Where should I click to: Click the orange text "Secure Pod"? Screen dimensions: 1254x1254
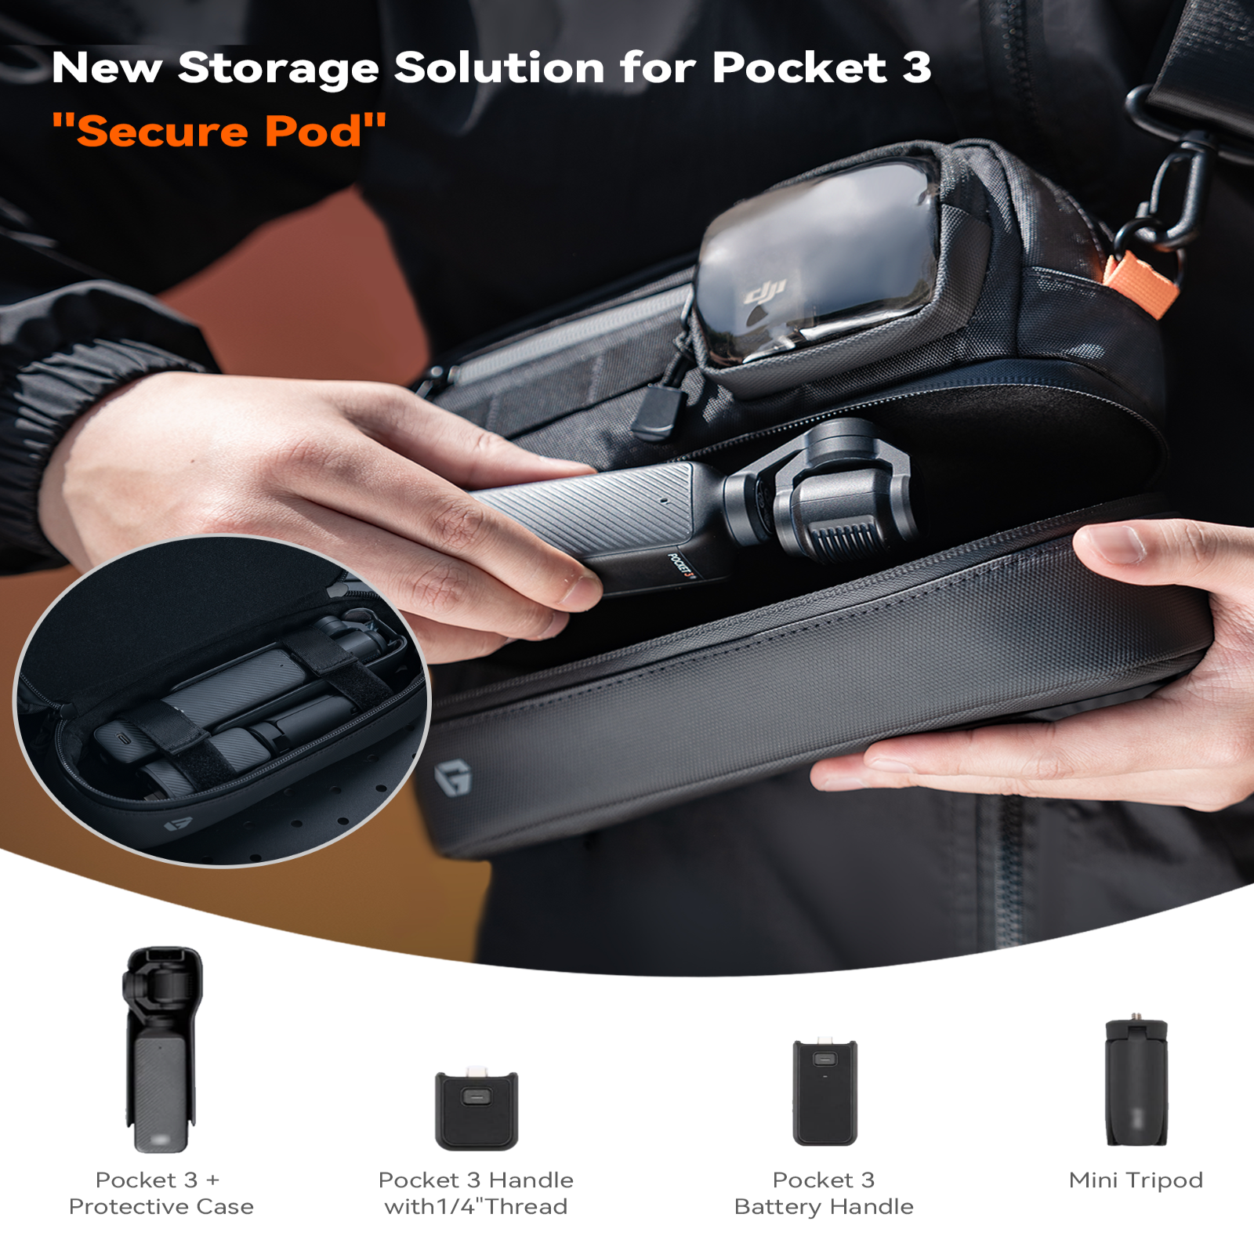[x=219, y=131]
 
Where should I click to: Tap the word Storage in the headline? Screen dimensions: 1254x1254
[x=278, y=68]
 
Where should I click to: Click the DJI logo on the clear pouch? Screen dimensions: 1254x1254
[x=765, y=293]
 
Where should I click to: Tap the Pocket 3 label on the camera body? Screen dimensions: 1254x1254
[x=681, y=564]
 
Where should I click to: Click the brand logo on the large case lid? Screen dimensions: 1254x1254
[x=453, y=777]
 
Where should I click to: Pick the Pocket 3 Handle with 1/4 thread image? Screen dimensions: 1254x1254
[x=477, y=1109]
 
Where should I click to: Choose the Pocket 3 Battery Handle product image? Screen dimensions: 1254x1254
[x=825, y=1093]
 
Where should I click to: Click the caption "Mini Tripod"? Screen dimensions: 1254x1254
[x=1136, y=1180]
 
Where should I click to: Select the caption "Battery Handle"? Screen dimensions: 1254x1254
[x=824, y=1206]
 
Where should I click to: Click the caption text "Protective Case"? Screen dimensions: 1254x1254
[x=161, y=1206]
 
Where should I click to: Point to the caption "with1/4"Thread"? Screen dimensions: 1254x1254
[x=476, y=1206]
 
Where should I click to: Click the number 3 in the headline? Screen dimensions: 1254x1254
[x=915, y=68]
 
